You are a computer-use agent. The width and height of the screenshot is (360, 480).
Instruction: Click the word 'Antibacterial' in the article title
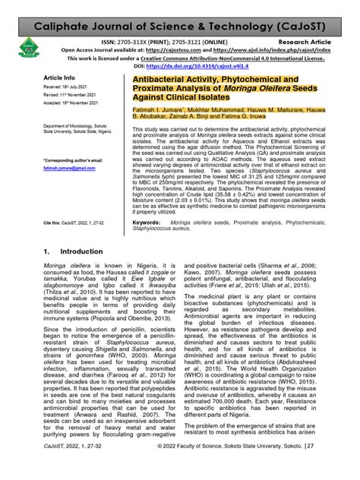[x=152, y=79]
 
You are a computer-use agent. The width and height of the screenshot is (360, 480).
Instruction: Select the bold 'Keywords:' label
[x=152, y=222]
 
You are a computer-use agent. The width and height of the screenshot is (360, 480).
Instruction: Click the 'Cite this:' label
[x=54, y=223]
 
